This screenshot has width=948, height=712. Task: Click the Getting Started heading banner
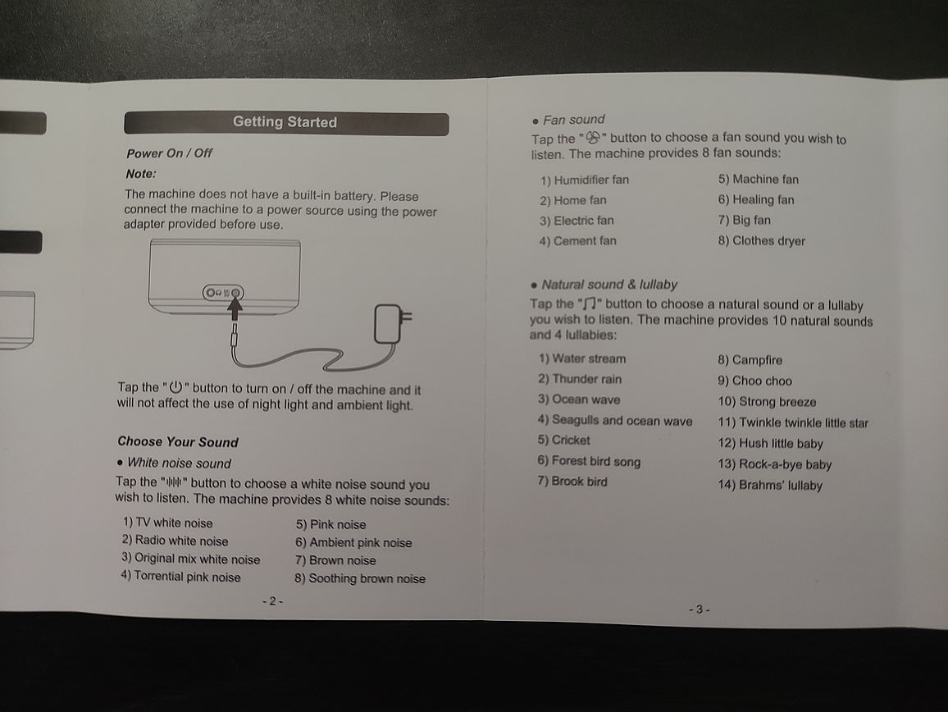pos(285,123)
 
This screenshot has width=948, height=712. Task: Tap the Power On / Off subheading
pos(169,153)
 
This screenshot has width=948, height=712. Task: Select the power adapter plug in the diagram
pos(389,322)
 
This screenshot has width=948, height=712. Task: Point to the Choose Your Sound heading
pos(177,441)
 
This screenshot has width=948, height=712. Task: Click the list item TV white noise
pos(168,523)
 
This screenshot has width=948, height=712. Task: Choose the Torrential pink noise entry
pos(181,577)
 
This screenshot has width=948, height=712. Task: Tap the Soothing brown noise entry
pos(360,578)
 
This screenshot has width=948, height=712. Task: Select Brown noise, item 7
pos(335,560)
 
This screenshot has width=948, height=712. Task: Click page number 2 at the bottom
pos(272,601)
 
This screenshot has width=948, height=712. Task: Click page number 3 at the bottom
pos(699,609)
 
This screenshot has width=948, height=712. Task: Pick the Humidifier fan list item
pos(584,180)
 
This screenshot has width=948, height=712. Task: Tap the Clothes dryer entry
pos(762,241)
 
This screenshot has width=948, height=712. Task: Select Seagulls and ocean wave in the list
pos(615,420)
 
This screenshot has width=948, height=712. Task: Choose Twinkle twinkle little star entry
pos(793,422)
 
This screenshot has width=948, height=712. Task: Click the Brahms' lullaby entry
pos(770,485)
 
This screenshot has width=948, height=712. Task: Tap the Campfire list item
pos(750,359)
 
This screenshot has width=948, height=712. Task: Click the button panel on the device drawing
pos(224,292)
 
